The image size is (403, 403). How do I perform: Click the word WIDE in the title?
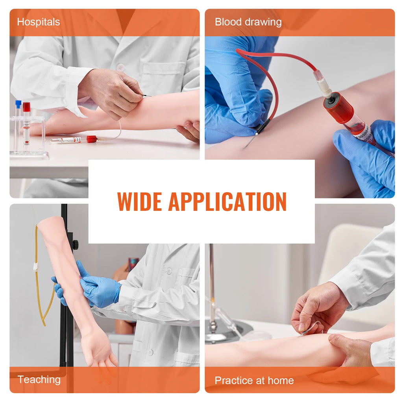[x=139, y=201]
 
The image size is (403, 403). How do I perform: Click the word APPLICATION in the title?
[x=227, y=201]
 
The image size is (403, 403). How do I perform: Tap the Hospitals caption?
[x=38, y=22]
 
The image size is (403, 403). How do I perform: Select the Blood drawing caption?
[x=248, y=22]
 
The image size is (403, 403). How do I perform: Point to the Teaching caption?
[x=39, y=379]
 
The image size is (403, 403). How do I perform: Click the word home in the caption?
[x=280, y=381]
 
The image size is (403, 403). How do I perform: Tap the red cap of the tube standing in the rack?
[x=26, y=107]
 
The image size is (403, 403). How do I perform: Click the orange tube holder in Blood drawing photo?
[x=338, y=108]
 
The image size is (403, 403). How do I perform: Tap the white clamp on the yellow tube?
[x=36, y=267]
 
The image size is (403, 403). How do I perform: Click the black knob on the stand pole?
[x=75, y=244]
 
